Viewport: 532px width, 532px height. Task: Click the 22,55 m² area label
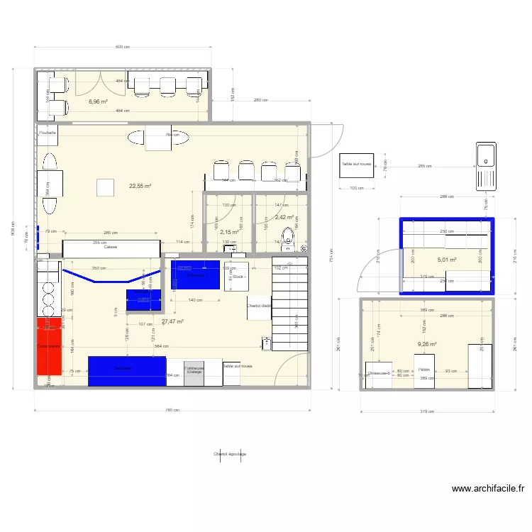pos(140,187)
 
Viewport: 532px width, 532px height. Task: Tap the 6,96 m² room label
pos(98,101)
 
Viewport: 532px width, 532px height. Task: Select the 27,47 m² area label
pos(172,321)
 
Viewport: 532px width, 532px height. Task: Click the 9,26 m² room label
pos(427,344)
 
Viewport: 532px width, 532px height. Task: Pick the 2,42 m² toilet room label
pos(284,218)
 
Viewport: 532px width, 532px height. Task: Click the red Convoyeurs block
pos(50,346)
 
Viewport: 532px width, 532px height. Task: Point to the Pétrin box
pos(424,371)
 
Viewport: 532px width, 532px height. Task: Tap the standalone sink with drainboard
pos(486,165)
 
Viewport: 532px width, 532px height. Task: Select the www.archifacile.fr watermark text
pos(488,489)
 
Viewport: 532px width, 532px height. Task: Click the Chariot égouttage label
pos(229,454)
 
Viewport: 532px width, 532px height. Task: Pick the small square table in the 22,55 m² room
pos(106,187)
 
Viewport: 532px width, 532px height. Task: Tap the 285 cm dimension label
pos(425,167)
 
